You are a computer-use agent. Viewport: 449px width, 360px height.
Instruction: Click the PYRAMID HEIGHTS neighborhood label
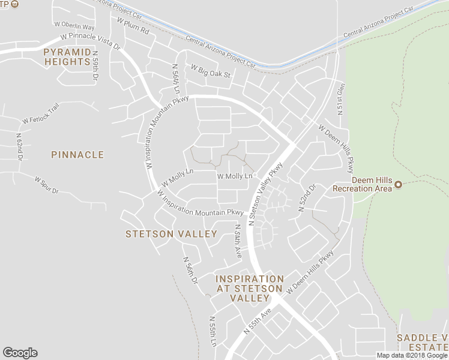tap(67, 57)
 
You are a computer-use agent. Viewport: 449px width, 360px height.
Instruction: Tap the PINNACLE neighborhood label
tap(77, 155)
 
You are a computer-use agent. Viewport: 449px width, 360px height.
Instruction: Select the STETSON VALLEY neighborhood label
tap(171, 234)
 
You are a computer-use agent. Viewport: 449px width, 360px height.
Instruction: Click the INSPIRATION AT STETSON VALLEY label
tap(249, 289)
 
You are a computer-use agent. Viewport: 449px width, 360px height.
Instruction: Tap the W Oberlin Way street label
tap(74, 26)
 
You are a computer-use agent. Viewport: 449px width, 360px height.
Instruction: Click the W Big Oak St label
tap(211, 73)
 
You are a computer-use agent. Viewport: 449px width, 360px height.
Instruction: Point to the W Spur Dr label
tap(47, 185)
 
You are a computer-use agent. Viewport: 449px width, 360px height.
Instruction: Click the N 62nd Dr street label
tap(19, 146)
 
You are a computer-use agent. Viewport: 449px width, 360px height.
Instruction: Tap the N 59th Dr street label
tap(95, 66)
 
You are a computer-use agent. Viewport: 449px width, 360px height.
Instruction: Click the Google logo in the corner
tap(20, 353)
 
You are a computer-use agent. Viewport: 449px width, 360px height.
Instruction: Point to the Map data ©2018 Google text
tap(412, 355)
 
